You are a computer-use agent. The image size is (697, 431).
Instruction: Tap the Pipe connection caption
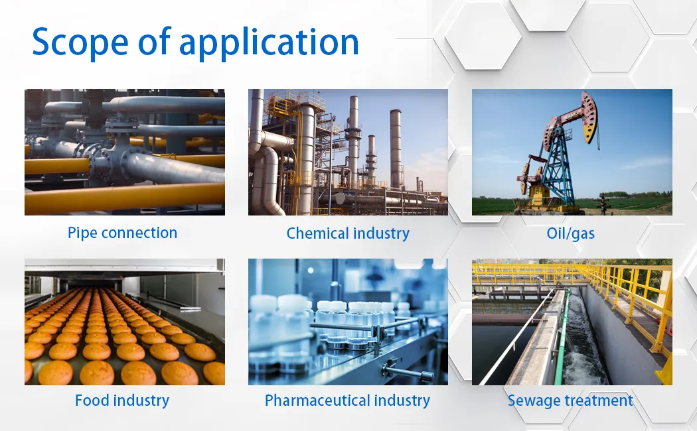tap(122, 233)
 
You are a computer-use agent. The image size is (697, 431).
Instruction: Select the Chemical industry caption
tap(348, 233)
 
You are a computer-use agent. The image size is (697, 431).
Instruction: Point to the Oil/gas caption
tap(571, 233)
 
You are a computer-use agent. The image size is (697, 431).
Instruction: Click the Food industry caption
tap(122, 400)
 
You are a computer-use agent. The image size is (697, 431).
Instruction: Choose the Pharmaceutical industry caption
tap(347, 400)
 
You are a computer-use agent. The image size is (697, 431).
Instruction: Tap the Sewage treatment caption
tap(570, 400)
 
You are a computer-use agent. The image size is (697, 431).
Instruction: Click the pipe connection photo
tap(125, 152)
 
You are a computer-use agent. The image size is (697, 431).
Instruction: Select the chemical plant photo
tap(348, 152)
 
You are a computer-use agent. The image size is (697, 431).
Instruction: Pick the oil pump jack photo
tap(572, 152)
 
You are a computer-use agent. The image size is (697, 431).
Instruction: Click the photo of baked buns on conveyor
tap(125, 322)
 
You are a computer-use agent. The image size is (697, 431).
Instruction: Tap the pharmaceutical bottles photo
tap(348, 322)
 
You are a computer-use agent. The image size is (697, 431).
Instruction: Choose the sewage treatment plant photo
tap(572, 322)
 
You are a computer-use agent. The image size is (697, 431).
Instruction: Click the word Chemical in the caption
tap(315, 233)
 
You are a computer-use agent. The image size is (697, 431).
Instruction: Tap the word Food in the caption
tap(90, 400)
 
